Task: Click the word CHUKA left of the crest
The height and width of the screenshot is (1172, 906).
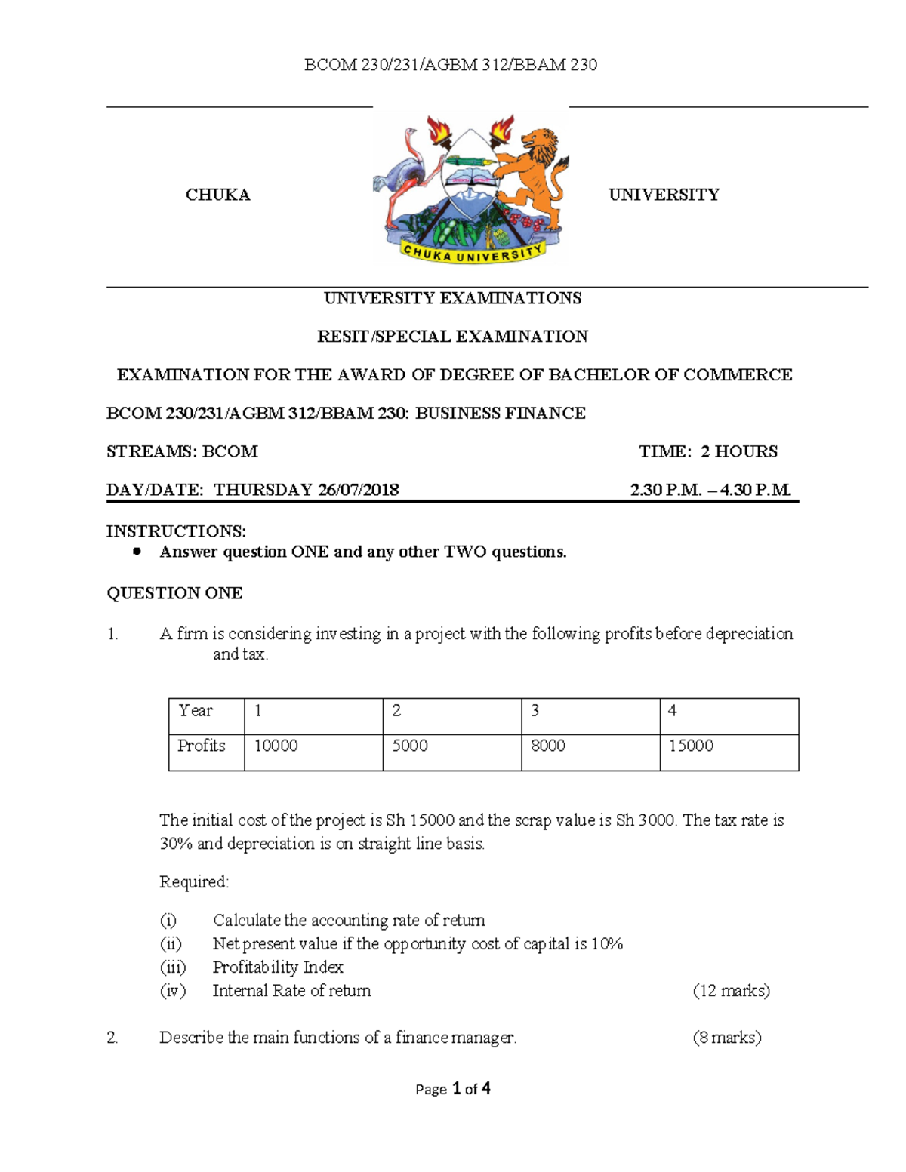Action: (x=217, y=195)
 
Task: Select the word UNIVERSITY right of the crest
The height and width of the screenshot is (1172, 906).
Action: (x=664, y=195)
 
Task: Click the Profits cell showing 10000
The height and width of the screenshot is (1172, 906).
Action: (x=276, y=746)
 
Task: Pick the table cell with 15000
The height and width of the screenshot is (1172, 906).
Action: (x=691, y=746)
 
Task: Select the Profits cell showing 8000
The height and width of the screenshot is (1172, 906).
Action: (x=547, y=746)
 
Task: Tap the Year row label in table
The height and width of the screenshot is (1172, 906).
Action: (x=196, y=711)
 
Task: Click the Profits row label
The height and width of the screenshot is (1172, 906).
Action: (x=201, y=746)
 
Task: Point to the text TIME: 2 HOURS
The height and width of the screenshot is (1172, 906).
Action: (x=707, y=451)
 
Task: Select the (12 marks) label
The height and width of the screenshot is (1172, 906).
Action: (x=731, y=991)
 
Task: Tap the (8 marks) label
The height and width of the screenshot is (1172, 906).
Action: (x=726, y=1038)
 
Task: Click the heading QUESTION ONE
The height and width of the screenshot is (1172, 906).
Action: (x=174, y=593)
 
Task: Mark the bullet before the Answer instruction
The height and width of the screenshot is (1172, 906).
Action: (x=137, y=552)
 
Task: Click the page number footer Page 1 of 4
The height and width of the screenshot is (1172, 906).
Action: (x=453, y=1088)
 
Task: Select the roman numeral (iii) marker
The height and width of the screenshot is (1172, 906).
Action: (x=172, y=967)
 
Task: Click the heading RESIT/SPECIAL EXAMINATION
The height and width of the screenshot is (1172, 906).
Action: (x=452, y=337)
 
